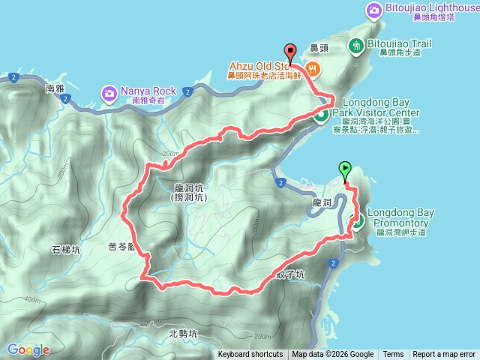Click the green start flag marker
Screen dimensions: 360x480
tap(345, 169)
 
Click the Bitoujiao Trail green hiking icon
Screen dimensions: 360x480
tap(357, 45)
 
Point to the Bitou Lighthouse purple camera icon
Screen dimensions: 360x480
tap(373, 10)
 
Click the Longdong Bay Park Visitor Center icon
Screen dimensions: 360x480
tap(320, 115)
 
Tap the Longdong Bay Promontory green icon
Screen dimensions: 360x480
tap(357, 220)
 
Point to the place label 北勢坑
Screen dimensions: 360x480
tap(183, 334)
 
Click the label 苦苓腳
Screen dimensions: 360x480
tap(121, 246)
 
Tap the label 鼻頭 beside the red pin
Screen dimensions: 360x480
tap(319, 49)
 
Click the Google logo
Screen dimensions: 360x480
tap(28, 350)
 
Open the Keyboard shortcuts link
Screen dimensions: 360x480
tap(250, 355)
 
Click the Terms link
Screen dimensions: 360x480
tap(393, 355)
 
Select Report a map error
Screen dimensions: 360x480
tap(444, 355)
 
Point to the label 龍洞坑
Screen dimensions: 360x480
tap(188, 189)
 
